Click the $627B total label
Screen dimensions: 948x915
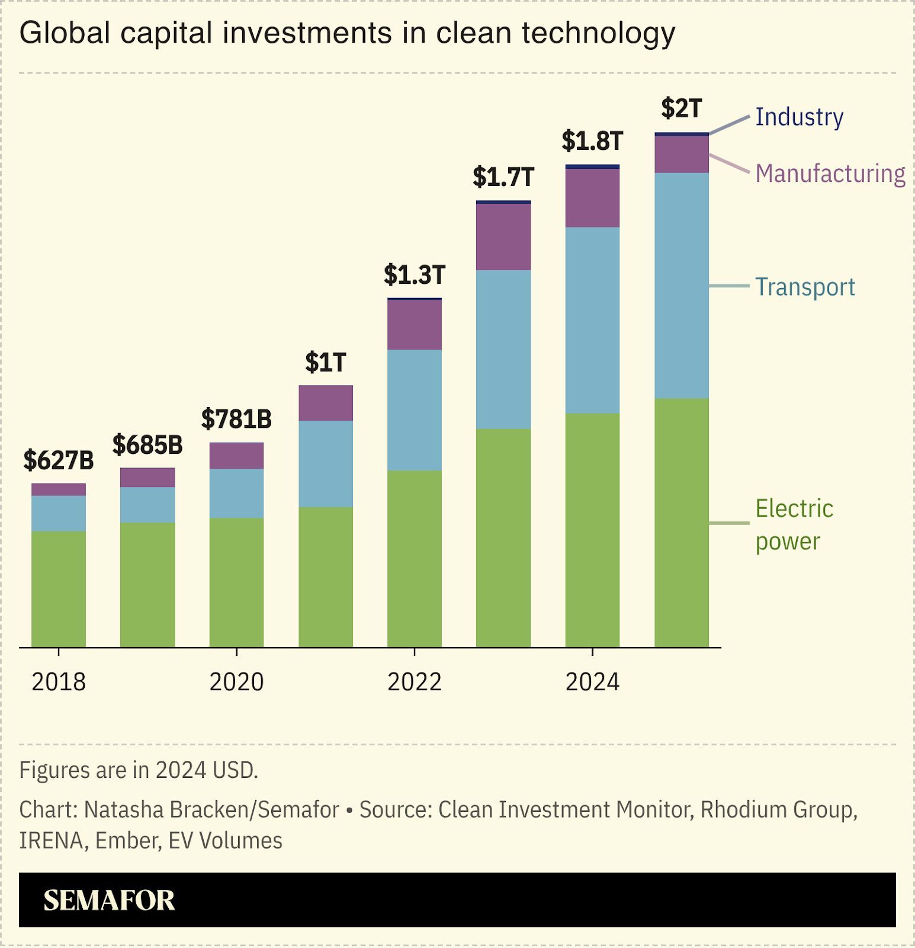(x=59, y=460)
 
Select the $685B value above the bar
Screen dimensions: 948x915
(x=147, y=445)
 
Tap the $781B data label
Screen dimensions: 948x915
(x=236, y=419)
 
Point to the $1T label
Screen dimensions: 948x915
(x=325, y=362)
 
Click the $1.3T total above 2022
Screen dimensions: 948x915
(x=414, y=274)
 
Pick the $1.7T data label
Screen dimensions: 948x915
(x=503, y=177)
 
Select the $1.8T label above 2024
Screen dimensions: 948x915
(x=592, y=141)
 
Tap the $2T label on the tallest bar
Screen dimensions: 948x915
(x=682, y=108)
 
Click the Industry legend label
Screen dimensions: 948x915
(x=799, y=117)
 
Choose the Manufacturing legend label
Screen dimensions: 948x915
(x=830, y=174)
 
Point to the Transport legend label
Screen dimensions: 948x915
(x=805, y=287)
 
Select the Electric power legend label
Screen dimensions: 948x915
(x=794, y=524)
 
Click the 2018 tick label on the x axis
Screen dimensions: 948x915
(x=59, y=682)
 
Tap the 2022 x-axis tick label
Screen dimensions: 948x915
(x=414, y=682)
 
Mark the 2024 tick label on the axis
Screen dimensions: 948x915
(x=592, y=682)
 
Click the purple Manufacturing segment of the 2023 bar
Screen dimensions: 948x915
(x=503, y=237)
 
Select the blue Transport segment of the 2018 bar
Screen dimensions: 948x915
(x=59, y=513)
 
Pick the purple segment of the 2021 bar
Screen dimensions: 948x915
(x=325, y=403)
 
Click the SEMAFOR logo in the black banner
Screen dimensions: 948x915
(x=109, y=900)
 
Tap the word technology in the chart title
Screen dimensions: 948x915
(x=598, y=33)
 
